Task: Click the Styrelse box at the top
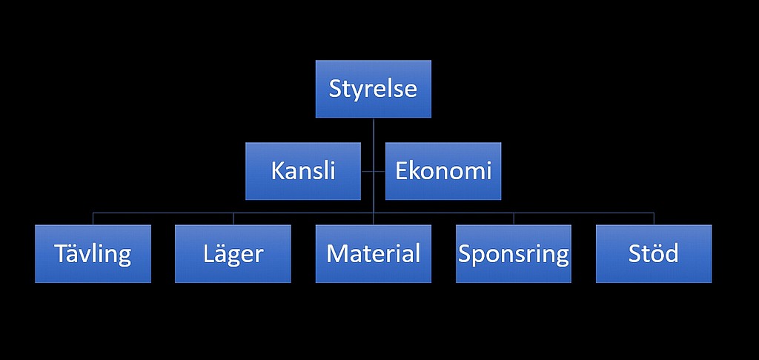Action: click(x=374, y=89)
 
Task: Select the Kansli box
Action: click(x=303, y=171)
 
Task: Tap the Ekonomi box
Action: click(x=443, y=171)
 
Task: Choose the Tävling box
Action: click(x=93, y=253)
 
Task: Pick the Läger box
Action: click(x=233, y=253)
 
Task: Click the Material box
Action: click(x=374, y=253)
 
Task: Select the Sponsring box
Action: click(x=514, y=253)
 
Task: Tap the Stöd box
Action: click(x=654, y=253)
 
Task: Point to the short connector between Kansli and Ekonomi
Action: click(x=374, y=171)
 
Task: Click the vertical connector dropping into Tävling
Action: click(x=93, y=219)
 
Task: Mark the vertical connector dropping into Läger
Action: click(x=233, y=219)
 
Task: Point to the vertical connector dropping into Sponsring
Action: click(x=514, y=219)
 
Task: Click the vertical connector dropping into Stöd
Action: click(x=654, y=219)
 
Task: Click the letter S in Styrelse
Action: click(x=336, y=89)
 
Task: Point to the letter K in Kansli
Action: click(x=277, y=171)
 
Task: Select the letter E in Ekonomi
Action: click(x=401, y=171)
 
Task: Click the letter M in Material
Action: click(x=337, y=253)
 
